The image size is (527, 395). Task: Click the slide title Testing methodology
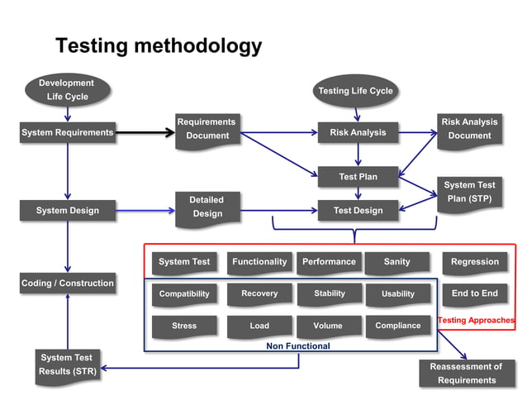[158, 45]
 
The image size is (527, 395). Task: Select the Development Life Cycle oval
[67, 90]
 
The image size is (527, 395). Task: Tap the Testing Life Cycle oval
[356, 91]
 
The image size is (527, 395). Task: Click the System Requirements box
[67, 132]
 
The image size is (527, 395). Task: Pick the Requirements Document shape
[207, 130]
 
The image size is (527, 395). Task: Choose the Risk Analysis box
[358, 132]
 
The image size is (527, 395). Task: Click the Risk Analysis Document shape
[469, 130]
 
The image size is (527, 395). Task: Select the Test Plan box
[358, 177]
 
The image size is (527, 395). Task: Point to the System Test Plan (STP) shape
[469, 193]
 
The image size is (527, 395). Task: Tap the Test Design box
[358, 211]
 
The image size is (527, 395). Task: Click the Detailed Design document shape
[207, 207]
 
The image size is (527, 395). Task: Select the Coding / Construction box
[67, 283]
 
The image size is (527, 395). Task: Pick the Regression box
[475, 263]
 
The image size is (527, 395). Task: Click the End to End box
[475, 294]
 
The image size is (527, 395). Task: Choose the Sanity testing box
[397, 263]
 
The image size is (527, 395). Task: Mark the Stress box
[184, 326]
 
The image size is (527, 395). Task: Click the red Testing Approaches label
[476, 320]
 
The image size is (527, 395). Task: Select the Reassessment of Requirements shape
[467, 374]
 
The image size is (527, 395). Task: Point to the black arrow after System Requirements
[145, 132]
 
